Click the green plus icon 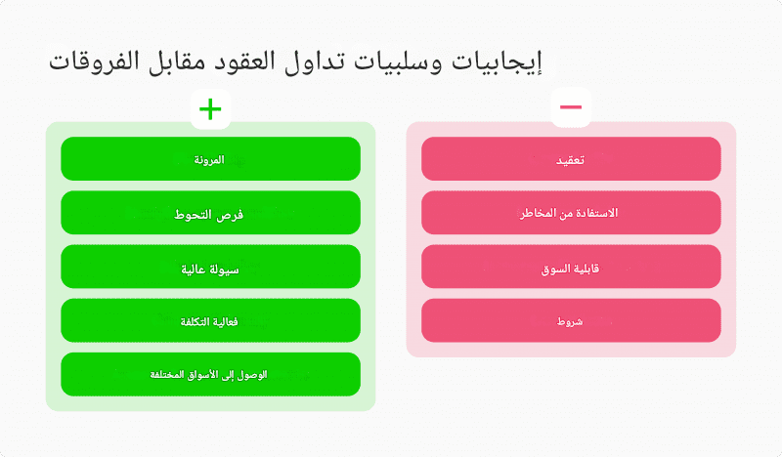coord(210,109)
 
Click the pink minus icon coord(571,106)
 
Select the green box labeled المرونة coord(210,159)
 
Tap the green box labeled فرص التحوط coord(210,213)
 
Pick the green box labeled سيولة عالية coord(210,267)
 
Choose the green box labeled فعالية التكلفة coord(210,320)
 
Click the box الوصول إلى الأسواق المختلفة coord(210,374)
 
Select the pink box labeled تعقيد coord(571,159)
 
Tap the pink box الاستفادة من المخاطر coord(571,213)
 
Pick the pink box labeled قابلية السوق coord(571,267)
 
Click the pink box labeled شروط coord(571,320)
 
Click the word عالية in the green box coord(193,270)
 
